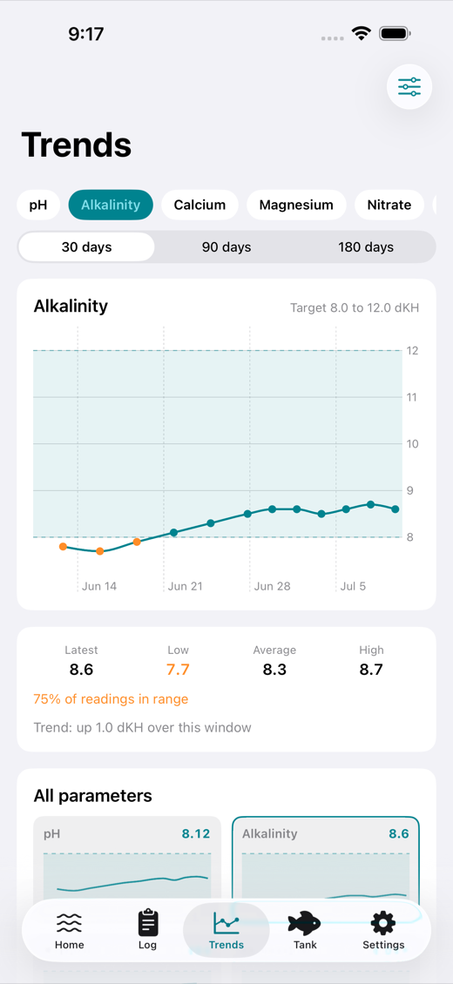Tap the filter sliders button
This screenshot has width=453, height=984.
click(409, 86)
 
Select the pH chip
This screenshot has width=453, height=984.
click(38, 205)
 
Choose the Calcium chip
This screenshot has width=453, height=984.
click(199, 205)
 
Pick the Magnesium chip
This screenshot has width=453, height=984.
click(296, 205)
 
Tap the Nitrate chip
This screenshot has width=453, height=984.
click(389, 205)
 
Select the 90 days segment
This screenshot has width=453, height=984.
click(226, 247)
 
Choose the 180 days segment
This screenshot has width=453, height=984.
click(366, 247)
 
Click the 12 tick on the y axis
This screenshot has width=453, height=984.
click(413, 351)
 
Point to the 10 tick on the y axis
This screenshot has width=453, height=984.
click(413, 444)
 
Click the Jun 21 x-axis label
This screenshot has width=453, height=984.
click(186, 586)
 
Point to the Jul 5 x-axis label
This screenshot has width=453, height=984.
click(353, 586)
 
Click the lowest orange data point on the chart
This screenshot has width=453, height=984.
click(100, 551)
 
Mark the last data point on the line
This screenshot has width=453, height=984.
click(396, 509)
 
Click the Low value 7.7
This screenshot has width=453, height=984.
click(179, 670)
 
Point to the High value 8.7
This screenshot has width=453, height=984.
click(371, 670)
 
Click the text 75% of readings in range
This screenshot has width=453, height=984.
click(111, 699)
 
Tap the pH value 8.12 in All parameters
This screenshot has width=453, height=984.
click(196, 834)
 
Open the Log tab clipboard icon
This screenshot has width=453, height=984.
click(147, 922)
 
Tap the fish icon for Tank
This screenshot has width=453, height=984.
click(304, 923)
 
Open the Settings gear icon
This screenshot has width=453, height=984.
click(383, 923)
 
